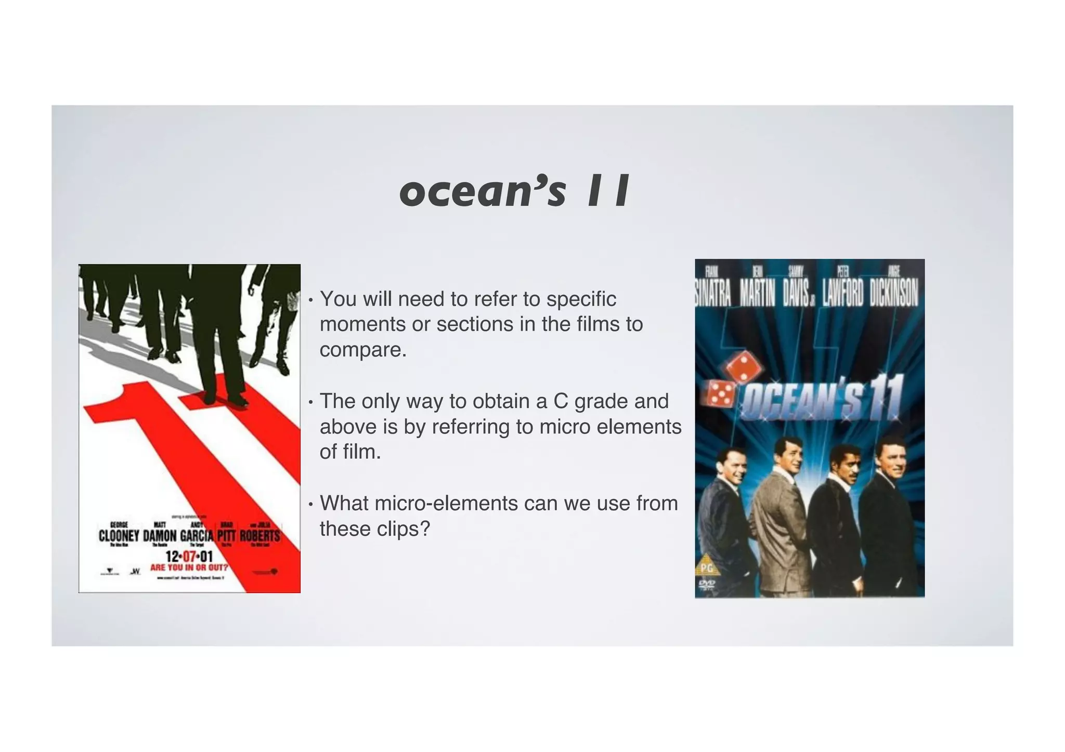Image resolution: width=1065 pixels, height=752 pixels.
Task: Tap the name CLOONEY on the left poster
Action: pos(119,536)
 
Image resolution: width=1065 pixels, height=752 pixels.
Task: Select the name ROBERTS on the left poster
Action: pos(259,536)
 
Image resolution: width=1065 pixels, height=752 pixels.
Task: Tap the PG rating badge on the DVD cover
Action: pos(706,568)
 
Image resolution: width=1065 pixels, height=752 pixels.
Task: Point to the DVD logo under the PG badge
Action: pos(706,585)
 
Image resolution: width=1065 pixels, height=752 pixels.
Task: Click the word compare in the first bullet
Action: pos(362,350)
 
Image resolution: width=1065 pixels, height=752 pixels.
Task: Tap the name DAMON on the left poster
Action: pos(160,536)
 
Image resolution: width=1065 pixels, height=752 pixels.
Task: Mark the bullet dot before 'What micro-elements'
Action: pos(310,504)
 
